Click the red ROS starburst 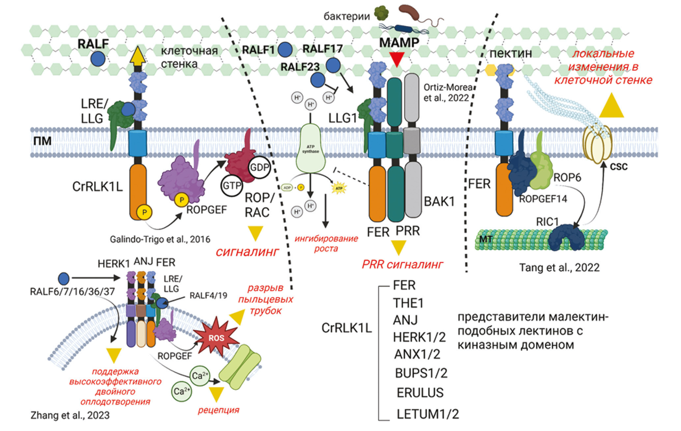(x=216, y=337)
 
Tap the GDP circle (x=260, y=167)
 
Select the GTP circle (x=232, y=186)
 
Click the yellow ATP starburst (x=339, y=188)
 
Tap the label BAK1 (x=439, y=201)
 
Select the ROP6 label (x=567, y=177)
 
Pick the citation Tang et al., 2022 (x=559, y=267)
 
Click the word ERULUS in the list (x=420, y=393)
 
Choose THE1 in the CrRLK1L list (x=408, y=303)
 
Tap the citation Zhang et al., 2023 (x=70, y=415)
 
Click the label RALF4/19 (x=208, y=295)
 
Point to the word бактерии (x=347, y=16)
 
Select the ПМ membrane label (x=43, y=141)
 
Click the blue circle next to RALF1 (x=285, y=50)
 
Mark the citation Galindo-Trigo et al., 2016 (x=160, y=239)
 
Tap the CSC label (x=618, y=167)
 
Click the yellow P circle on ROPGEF (x=182, y=200)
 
